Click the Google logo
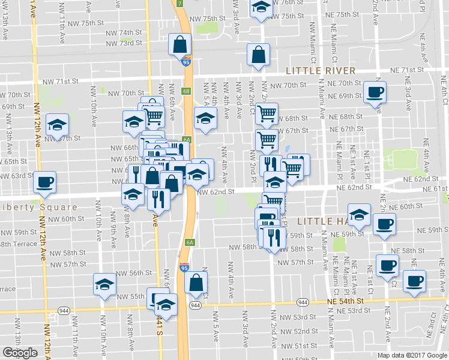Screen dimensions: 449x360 [20, 353]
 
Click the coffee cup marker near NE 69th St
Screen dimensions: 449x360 [375, 93]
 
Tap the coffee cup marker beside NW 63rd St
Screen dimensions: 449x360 [44, 182]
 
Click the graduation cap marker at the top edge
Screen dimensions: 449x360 [261, 8]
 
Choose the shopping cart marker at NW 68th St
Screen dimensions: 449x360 [267, 113]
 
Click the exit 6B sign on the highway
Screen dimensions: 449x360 [186, 91]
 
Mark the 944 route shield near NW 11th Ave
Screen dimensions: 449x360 [63, 310]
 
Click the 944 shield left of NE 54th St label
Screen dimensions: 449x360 [302, 302]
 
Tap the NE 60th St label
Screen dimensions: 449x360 [411, 206]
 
